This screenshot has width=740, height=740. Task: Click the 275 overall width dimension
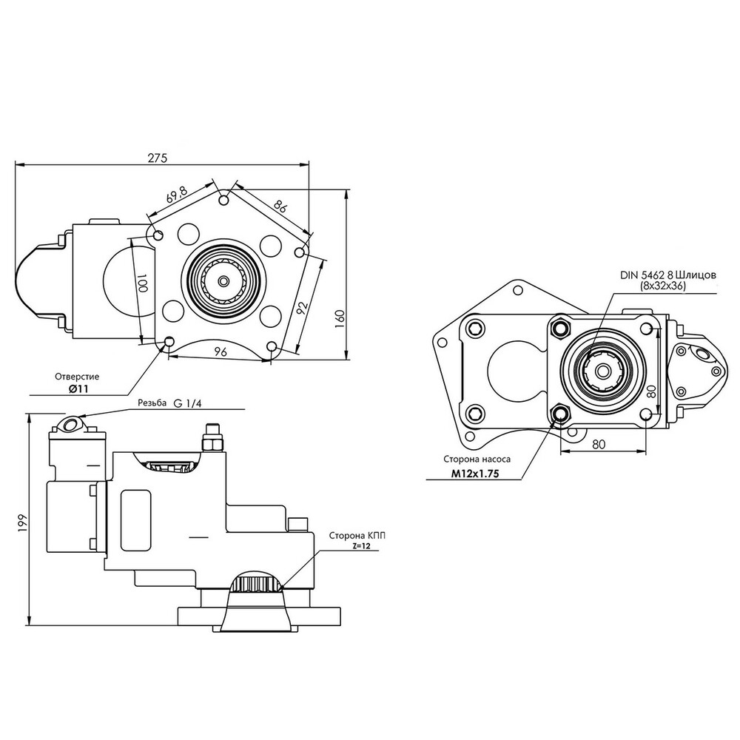click(x=157, y=158)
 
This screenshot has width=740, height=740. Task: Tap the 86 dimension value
click(x=279, y=206)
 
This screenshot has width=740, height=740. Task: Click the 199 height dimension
click(x=23, y=522)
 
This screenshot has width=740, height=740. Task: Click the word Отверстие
click(x=77, y=377)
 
